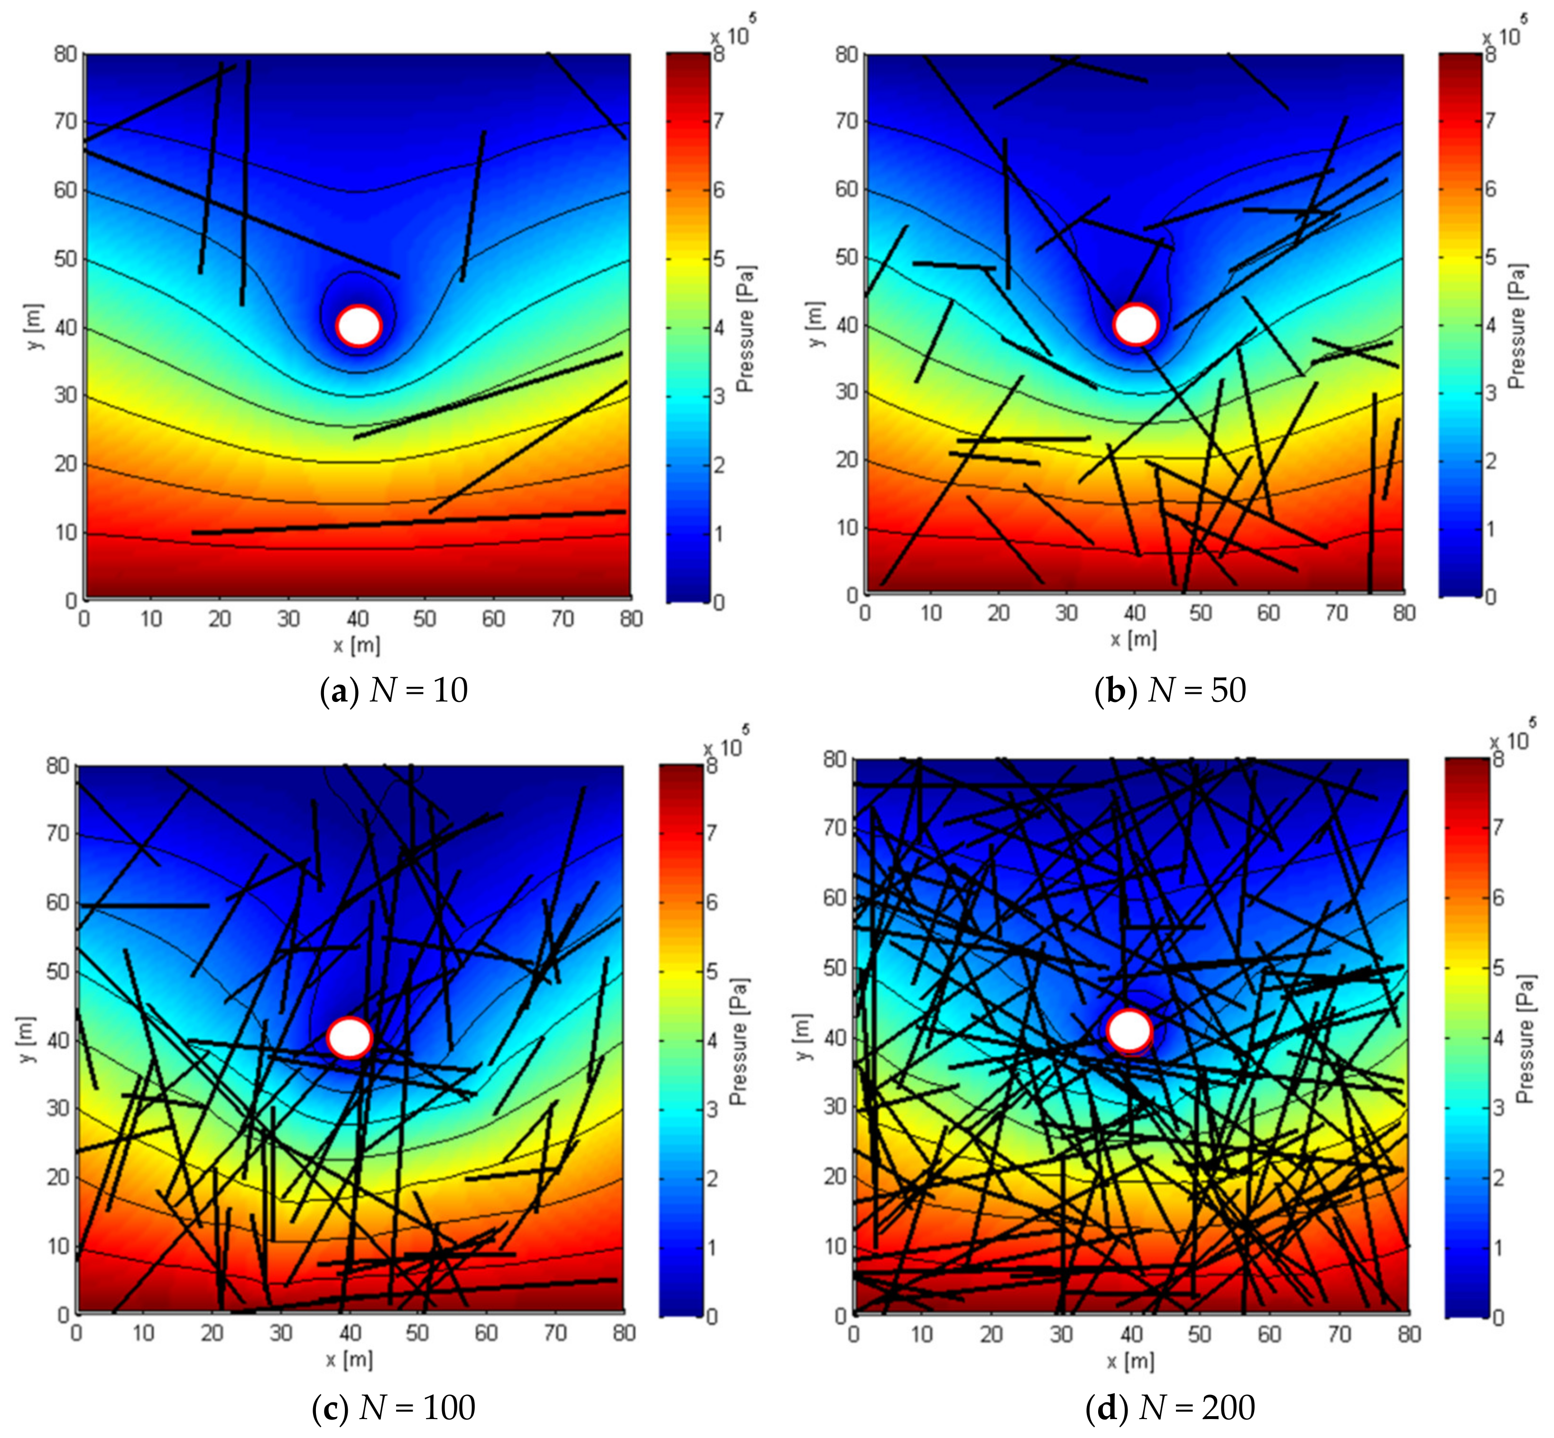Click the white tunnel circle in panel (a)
(359, 325)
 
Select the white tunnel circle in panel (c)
(350, 1037)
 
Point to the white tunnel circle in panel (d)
(1129, 1030)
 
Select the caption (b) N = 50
(1170, 690)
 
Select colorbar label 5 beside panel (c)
(711, 971)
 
